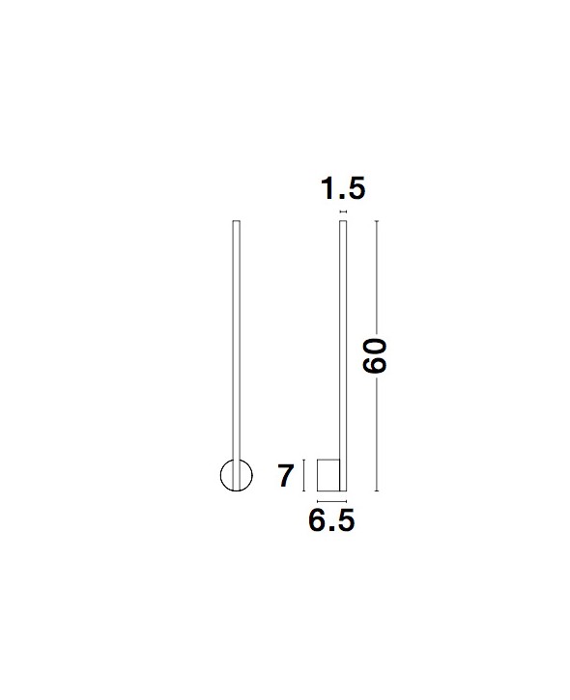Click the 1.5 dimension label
(343, 188)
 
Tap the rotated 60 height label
(374, 356)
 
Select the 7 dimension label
(285, 475)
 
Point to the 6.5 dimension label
(331, 520)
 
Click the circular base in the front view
(221, 475)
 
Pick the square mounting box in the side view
(328, 475)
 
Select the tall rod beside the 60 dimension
(343, 356)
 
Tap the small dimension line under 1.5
(343, 211)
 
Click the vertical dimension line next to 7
(303, 475)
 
